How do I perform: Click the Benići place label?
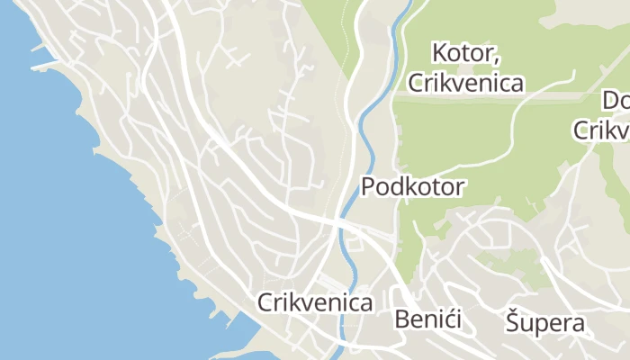point(427,319)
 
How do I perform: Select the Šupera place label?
point(544,322)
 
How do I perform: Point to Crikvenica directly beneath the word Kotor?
point(465,84)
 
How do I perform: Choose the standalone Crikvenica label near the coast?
point(315,302)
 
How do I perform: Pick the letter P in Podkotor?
point(368,187)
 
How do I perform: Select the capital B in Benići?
point(402,319)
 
